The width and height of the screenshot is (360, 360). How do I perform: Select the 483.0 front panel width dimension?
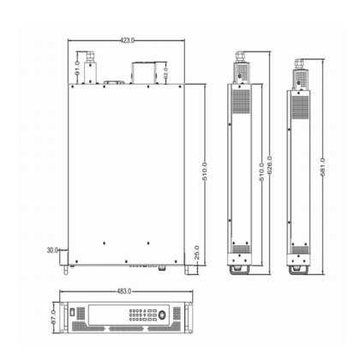point(127,289)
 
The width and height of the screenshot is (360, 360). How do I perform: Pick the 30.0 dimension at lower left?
point(53,250)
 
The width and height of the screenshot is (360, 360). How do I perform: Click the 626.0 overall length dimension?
point(270,163)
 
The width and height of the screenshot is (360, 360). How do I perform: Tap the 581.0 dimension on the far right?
point(322,163)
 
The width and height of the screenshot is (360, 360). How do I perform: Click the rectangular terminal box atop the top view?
point(141,73)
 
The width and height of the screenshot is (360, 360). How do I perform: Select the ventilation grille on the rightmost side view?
point(300,106)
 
